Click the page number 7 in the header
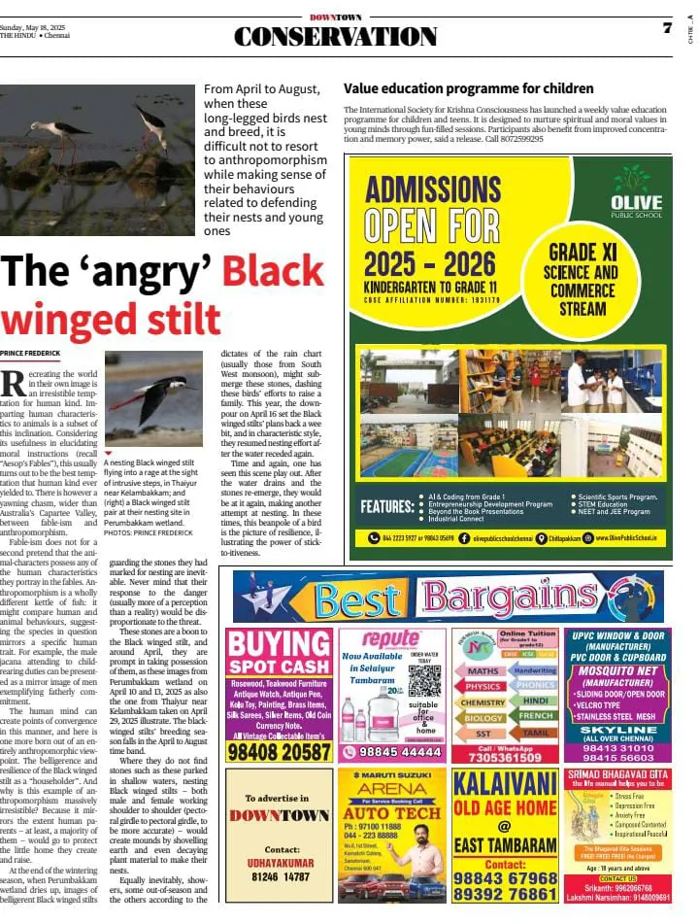tap(667, 28)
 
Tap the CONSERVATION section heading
tap(335, 37)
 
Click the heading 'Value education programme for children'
tap(468, 89)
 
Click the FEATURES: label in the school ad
tap(387, 507)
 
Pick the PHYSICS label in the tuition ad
tap(483, 686)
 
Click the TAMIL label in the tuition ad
tap(534, 734)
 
